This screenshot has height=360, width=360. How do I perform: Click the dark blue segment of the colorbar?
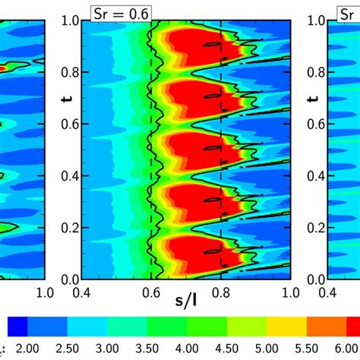17,326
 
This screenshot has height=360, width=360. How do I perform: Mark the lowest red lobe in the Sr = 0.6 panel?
190,251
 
